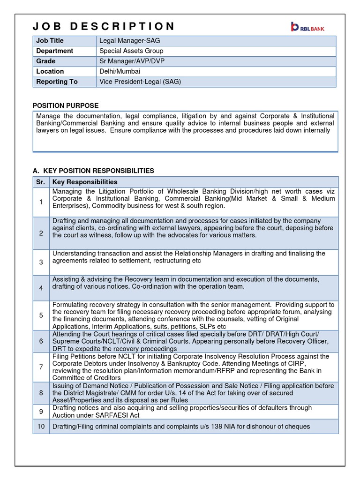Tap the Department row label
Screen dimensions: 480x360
[x=55, y=51]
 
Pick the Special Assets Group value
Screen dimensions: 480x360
[x=131, y=51]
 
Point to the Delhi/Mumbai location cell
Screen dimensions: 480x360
[x=120, y=72]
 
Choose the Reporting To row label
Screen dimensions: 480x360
[x=57, y=82]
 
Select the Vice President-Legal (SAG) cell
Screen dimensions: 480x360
[x=140, y=82]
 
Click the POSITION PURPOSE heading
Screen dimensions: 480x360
[x=65, y=106]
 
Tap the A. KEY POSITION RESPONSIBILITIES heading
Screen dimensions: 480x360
[x=93, y=171]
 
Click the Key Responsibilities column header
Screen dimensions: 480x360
[x=85, y=182]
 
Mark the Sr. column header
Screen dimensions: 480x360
[x=40, y=182]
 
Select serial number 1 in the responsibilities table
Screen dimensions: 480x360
[x=41, y=202]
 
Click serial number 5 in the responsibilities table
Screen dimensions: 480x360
[x=41, y=315]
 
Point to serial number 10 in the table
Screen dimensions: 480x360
[x=41, y=427]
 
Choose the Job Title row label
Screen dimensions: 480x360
[x=50, y=41]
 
